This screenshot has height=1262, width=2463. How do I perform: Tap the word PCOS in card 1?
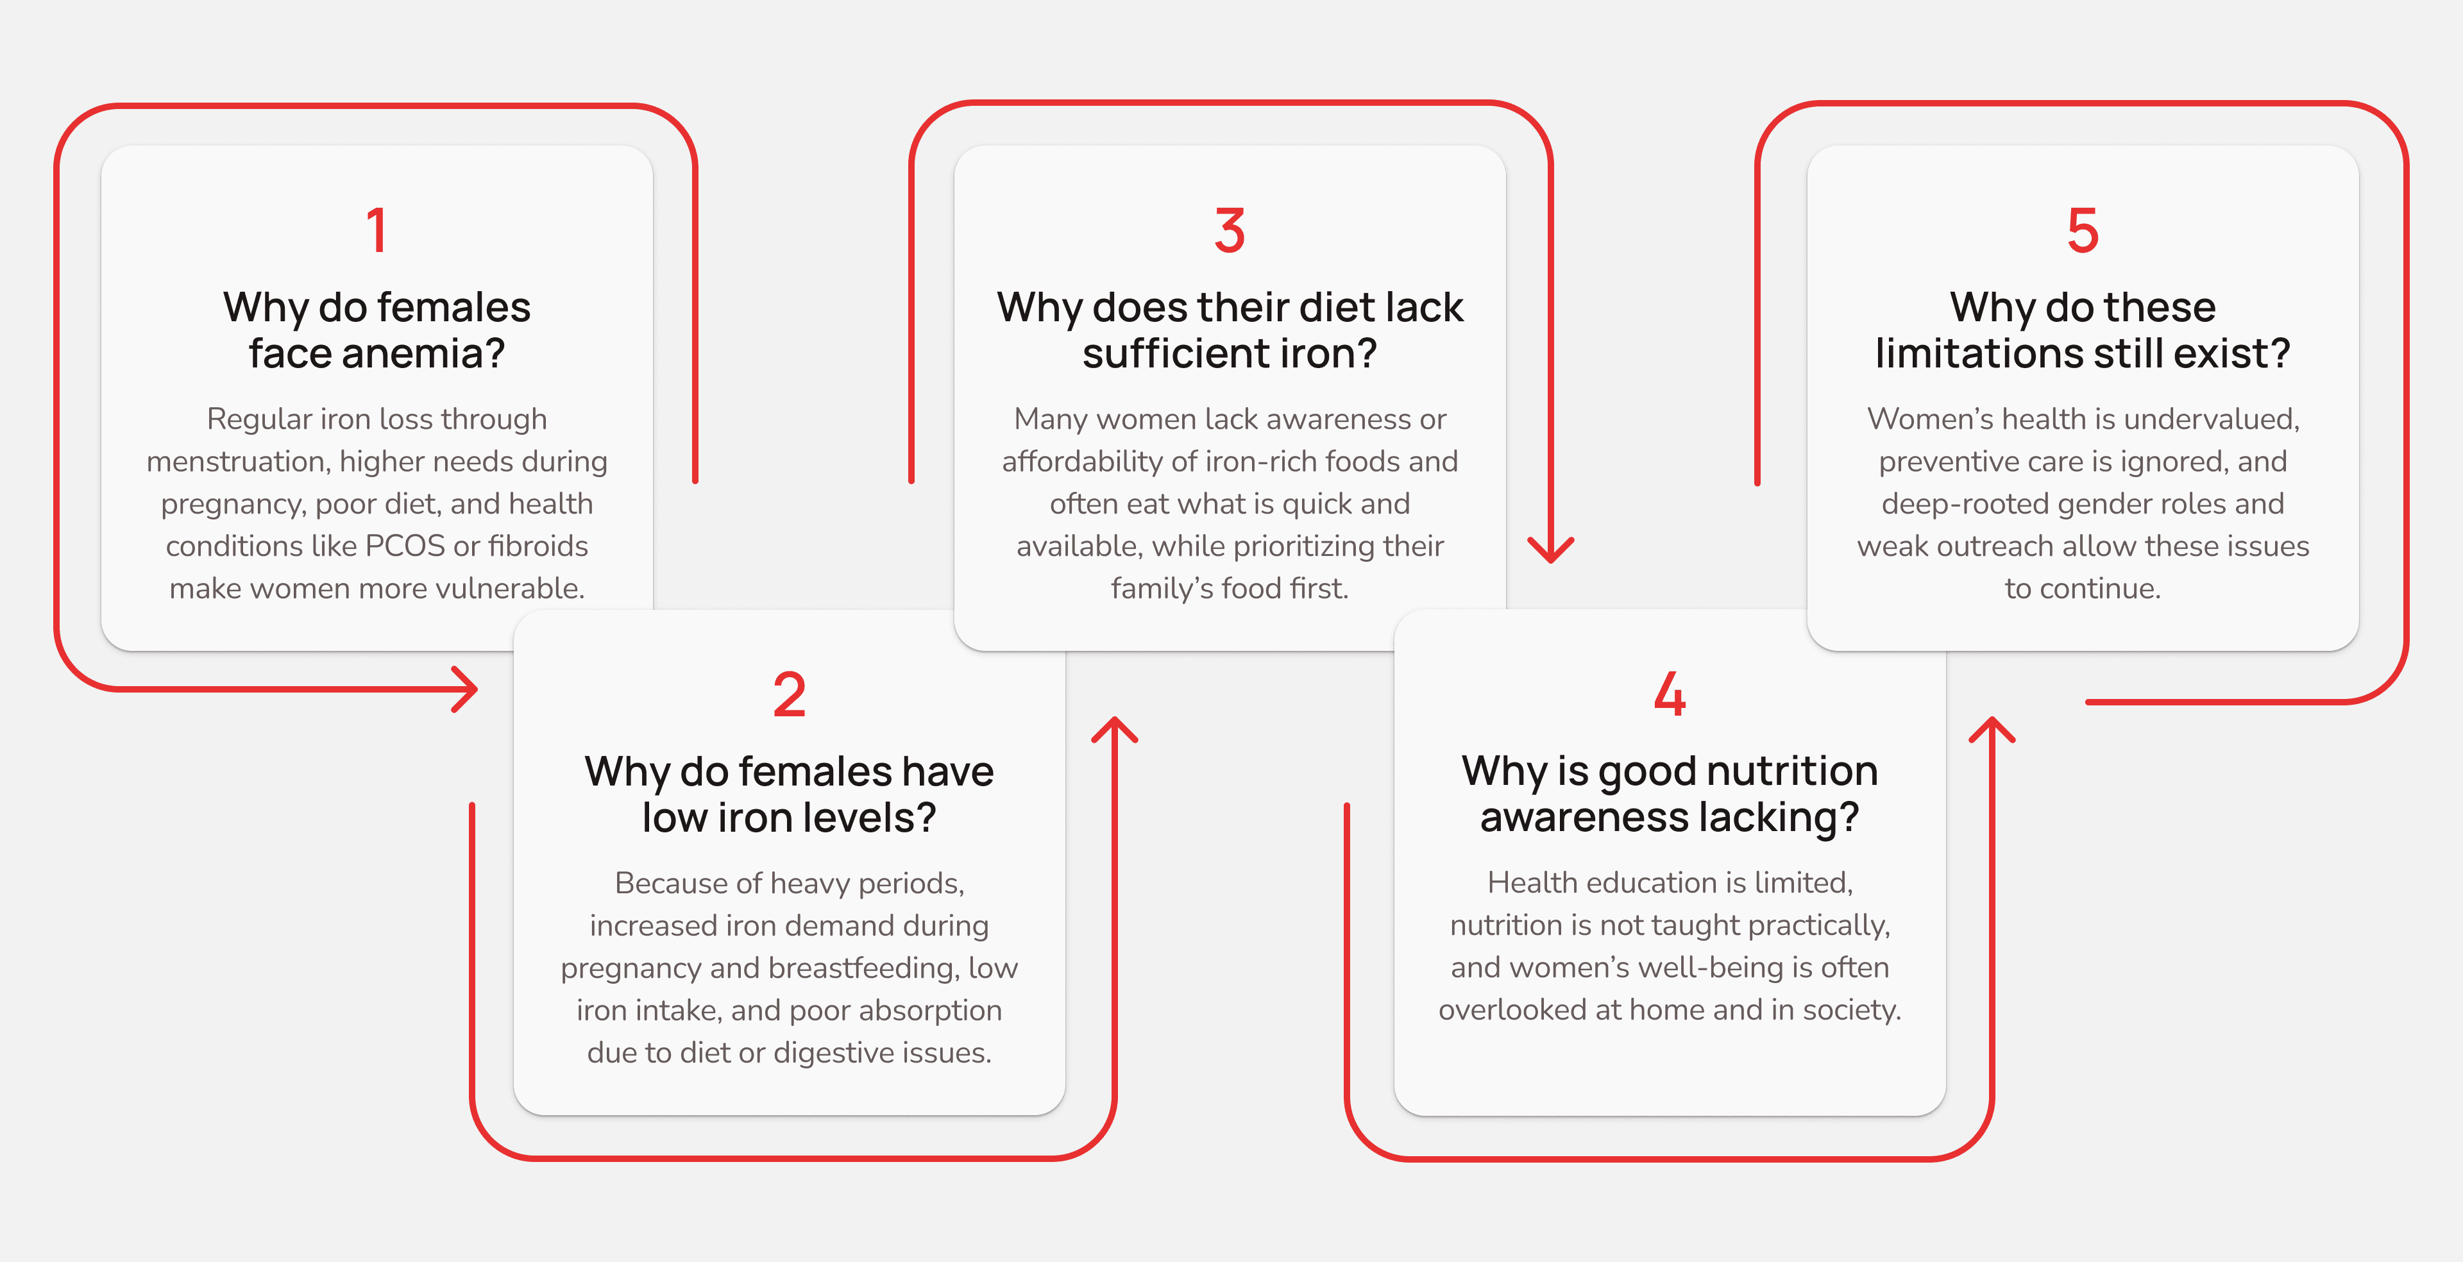405,546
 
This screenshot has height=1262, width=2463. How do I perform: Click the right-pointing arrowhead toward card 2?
466,689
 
